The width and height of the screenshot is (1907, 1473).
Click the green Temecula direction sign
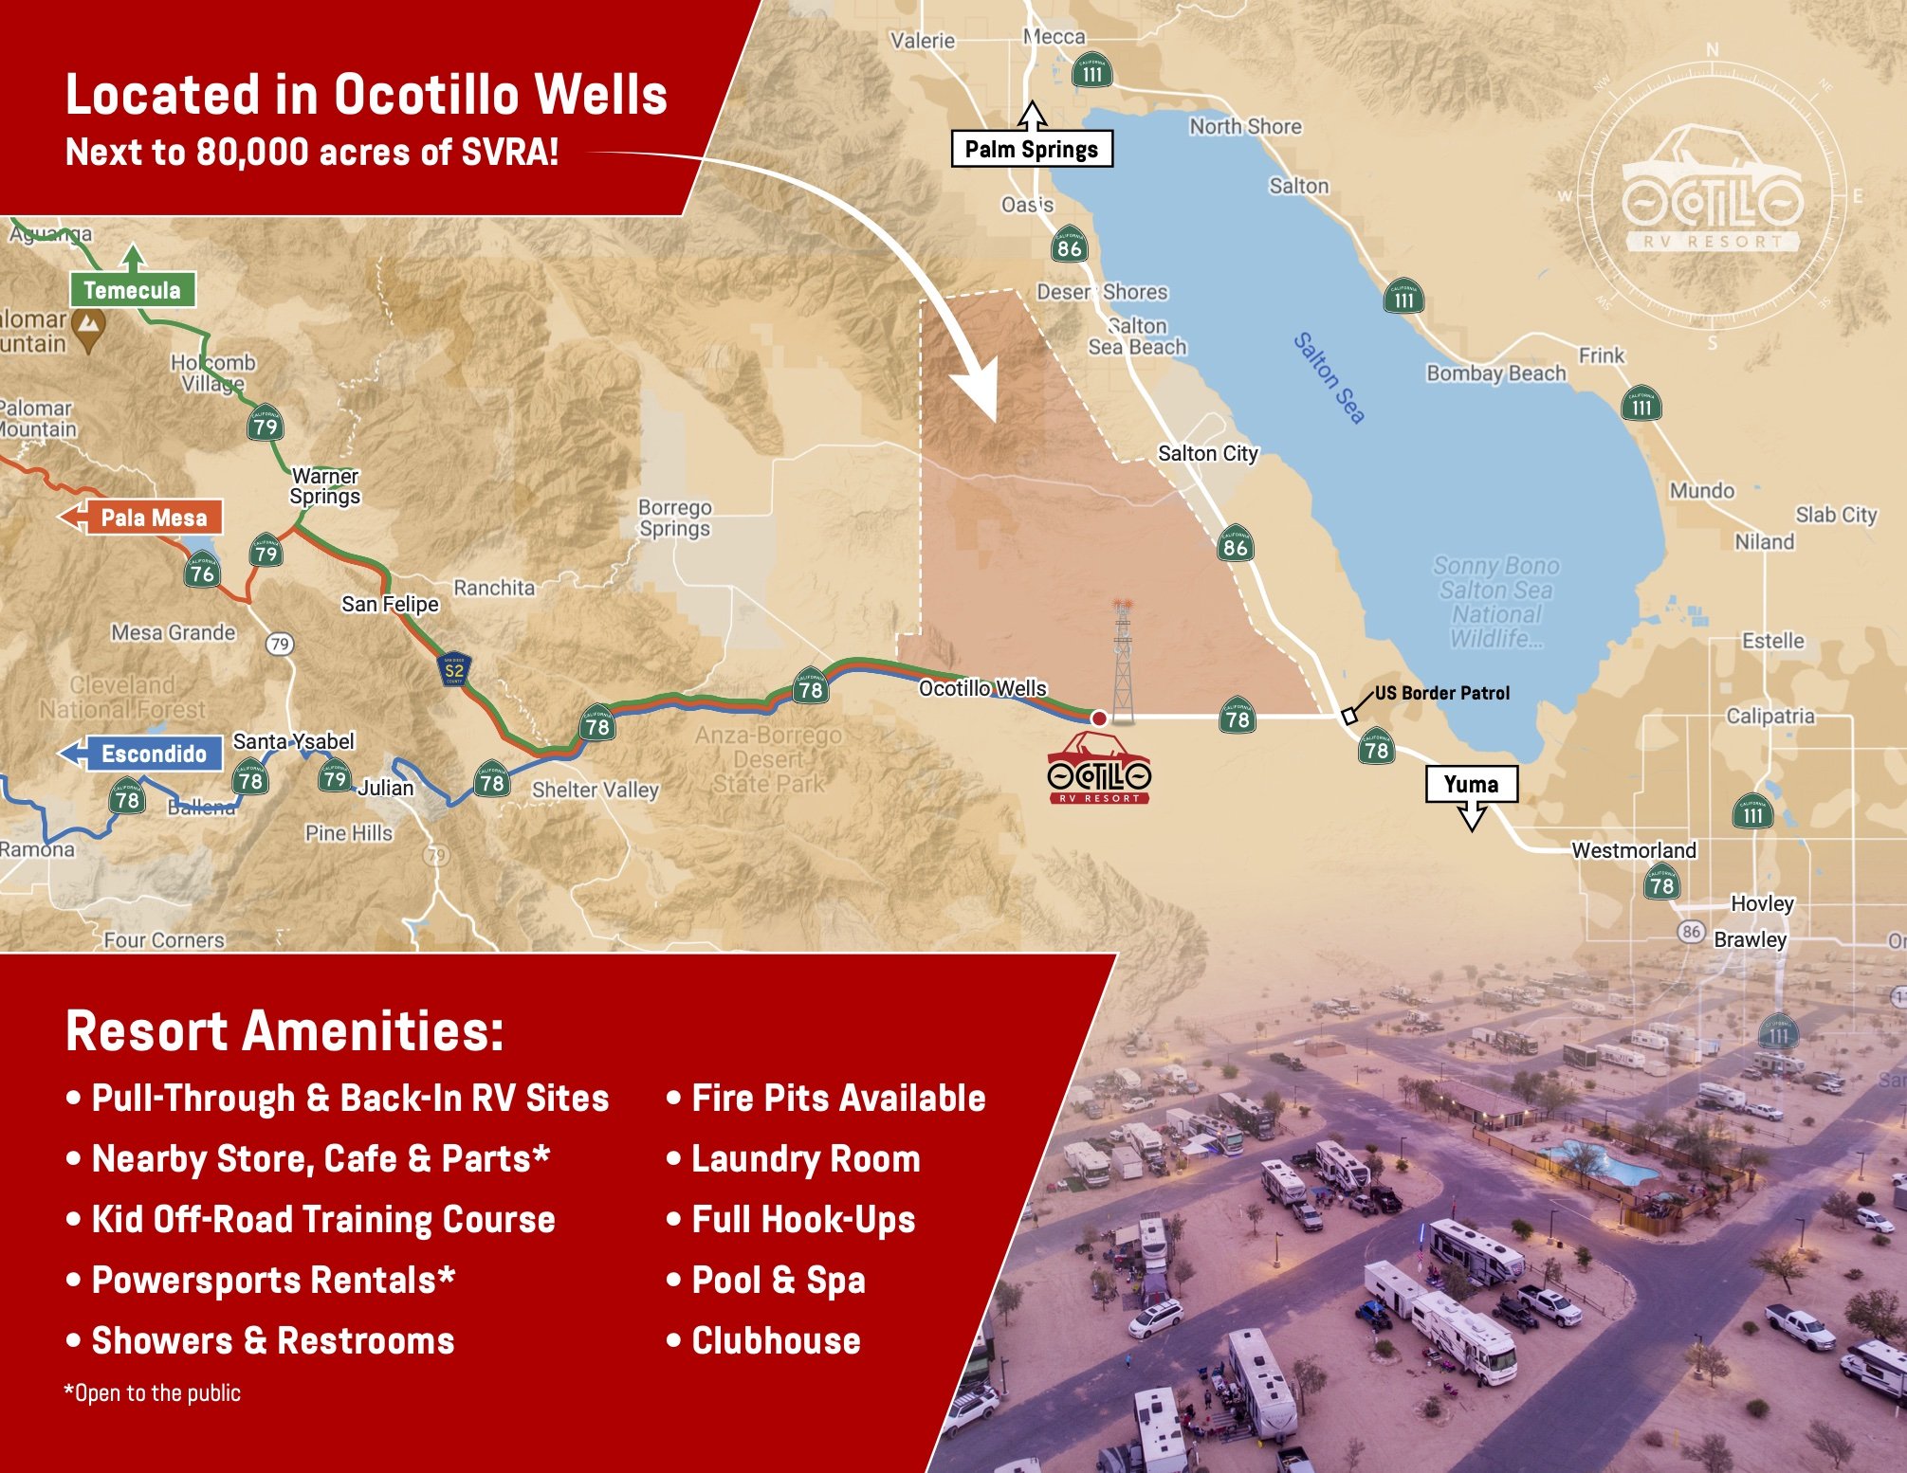(132, 289)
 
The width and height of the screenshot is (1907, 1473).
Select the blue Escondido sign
(154, 754)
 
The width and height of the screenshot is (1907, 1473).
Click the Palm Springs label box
(1031, 149)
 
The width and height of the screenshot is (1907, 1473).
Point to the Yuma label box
(1471, 785)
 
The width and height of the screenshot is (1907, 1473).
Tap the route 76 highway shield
(202, 572)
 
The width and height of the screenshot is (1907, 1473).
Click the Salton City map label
(1207, 453)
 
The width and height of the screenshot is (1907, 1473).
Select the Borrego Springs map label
(674, 518)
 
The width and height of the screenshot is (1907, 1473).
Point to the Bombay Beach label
(1495, 373)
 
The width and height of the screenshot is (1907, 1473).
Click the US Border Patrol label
(1441, 693)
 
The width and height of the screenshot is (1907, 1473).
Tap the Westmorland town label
(1633, 849)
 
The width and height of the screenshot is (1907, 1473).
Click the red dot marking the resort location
(1099, 718)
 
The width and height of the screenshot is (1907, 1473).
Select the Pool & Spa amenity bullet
(778, 1280)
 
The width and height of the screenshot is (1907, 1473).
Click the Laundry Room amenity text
(805, 1158)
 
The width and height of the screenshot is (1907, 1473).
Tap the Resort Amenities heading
(284, 1030)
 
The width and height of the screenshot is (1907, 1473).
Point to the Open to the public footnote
(153, 1392)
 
